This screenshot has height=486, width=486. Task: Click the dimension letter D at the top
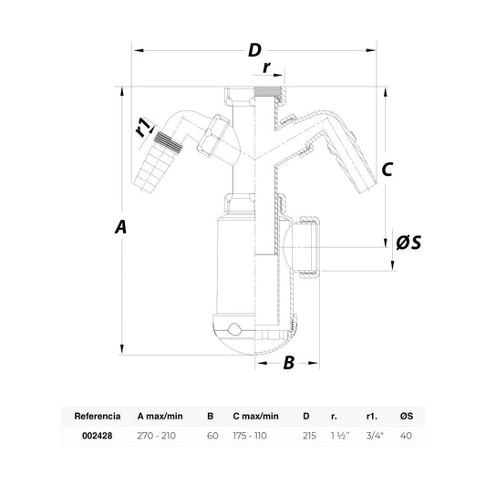[254, 50]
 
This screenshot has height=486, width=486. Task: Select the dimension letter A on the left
[121, 226]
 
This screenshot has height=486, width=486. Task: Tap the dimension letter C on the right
[388, 170]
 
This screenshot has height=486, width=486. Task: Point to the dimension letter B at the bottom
[289, 363]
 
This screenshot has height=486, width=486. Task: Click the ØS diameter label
[408, 243]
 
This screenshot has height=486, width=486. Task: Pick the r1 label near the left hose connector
[144, 127]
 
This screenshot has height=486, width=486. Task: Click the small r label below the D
[266, 67]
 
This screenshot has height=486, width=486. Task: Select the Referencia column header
[98, 416]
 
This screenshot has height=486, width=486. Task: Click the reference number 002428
[98, 436]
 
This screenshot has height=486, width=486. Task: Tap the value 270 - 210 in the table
[157, 436]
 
